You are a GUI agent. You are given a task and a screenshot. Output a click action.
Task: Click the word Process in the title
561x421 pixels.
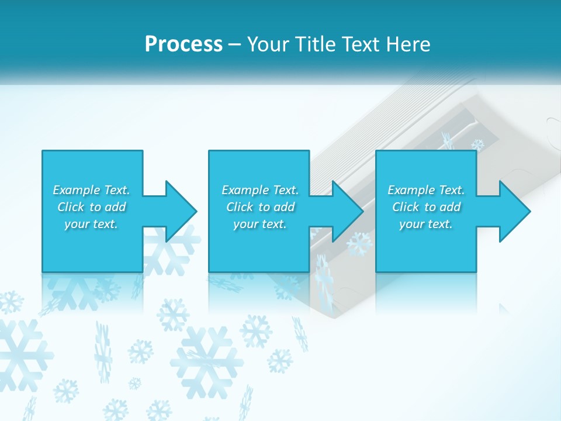tap(183, 44)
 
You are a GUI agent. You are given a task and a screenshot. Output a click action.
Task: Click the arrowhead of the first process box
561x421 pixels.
tap(181, 211)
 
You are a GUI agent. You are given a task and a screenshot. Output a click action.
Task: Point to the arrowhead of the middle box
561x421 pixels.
tap(348, 211)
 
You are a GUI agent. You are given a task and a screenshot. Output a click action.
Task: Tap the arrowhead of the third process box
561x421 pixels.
tap(515, 211)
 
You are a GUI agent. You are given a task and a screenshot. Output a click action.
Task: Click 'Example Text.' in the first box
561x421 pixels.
tap(91, 190)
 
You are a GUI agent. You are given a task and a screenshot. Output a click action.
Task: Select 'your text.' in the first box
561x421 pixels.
tap(91, 224)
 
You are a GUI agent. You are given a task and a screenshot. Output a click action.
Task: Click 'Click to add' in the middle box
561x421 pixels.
tap(260, 207)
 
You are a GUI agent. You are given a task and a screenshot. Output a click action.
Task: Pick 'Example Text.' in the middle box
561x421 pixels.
tap(260, 190)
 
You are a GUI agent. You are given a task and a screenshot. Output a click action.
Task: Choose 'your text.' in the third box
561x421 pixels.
tap(426, 224)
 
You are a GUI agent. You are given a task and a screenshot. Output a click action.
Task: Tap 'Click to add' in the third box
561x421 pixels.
tap(426, 207)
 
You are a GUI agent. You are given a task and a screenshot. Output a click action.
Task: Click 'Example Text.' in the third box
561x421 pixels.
tap(426, 190)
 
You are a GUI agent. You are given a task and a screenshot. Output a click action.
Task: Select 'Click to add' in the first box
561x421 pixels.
tap(91, 207)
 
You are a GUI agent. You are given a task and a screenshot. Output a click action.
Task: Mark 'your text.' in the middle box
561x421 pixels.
tap(260, 224)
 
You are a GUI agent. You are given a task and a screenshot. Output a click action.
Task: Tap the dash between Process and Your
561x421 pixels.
tap(234, 45)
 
